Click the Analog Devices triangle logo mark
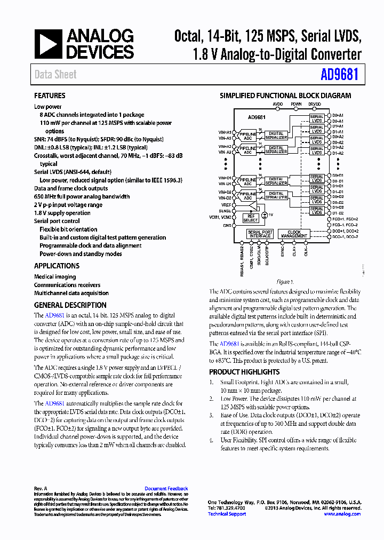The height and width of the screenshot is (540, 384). click(x=49, y=44)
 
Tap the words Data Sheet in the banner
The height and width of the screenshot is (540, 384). click(x=55, y=75)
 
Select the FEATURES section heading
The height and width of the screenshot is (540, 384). click(x=50, y=96)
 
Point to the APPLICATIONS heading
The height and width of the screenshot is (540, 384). click(x=57, y=266)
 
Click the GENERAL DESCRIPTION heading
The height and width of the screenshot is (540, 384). click(x=70, y=305)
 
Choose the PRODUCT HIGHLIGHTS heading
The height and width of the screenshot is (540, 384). click(x=244, y=372)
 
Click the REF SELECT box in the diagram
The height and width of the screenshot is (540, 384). click(x=250, y=218)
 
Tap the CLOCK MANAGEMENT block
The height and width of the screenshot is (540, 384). click(x=294, y=234)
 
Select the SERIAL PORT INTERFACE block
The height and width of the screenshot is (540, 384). click(x=260, y=234)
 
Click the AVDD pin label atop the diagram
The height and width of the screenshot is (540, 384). click(x=278, y=104)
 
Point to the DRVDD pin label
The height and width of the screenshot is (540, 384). click(x=315, y=104)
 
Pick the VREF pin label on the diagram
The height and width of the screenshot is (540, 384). click(x=227, y=205)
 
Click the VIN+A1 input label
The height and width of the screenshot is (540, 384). click(x=225, y=132)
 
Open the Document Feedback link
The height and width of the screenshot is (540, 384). click(x=166, y=489)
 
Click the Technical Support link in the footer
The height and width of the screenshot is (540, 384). click(x=227, y=514)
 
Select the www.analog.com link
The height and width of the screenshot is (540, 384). click(x=342, y=514)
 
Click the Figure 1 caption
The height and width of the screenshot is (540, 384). click(x=284, y=282)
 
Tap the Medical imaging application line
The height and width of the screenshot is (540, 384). click(x=55, y=277)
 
